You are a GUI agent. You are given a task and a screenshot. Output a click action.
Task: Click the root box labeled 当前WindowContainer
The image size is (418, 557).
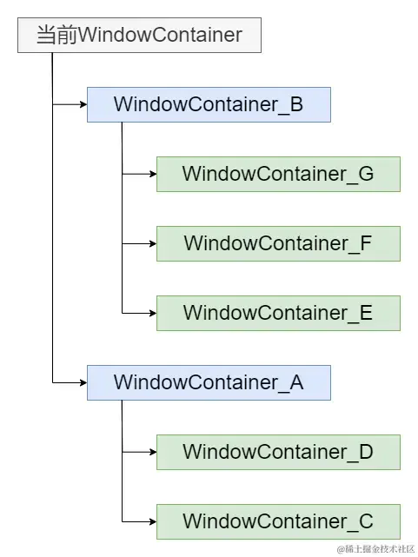click(x=139, y=36)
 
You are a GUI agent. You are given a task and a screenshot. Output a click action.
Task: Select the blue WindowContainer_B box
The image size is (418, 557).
click(x=209, y=105)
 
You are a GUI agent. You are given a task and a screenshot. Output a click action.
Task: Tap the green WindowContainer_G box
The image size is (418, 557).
click(x=278, y=174)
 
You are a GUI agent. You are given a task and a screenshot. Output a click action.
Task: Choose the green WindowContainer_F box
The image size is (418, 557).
click(x=278, y=243)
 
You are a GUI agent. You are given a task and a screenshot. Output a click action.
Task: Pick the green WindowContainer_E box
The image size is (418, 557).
click(x=278, y=313)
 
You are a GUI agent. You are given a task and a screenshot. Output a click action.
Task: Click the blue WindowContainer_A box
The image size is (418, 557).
click(x=209, y=382)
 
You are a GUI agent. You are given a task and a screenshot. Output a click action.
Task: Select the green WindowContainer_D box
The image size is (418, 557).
click(x=278, y=452)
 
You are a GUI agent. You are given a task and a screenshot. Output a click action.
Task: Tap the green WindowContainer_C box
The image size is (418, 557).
click(x=278, y=521)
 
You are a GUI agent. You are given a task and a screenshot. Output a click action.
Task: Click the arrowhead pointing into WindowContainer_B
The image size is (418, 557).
click(x=83, y=105)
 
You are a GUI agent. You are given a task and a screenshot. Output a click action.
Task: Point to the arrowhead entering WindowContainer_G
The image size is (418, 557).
click(x=152, y=174)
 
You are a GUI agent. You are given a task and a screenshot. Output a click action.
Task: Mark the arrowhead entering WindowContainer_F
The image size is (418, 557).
click(x=152, y=243)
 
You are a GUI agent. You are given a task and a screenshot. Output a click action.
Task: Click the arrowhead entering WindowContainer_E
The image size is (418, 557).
click(x=152, y=313)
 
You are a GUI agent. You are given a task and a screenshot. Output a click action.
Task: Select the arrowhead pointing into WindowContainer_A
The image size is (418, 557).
click(x=83, y=382)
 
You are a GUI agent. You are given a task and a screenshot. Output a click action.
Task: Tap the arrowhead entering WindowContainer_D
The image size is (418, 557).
click(x=152, y=452)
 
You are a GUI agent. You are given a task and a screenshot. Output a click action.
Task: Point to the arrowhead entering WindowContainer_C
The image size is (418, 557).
click(x=152, y=521)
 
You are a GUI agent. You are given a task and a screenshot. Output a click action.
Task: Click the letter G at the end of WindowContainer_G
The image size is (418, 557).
click(x=365, y=174)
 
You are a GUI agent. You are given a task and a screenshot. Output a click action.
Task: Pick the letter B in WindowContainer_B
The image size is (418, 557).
click(x=295, y=105)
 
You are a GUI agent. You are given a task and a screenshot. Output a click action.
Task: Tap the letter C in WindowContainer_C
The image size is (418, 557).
click(x=365, y=521)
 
